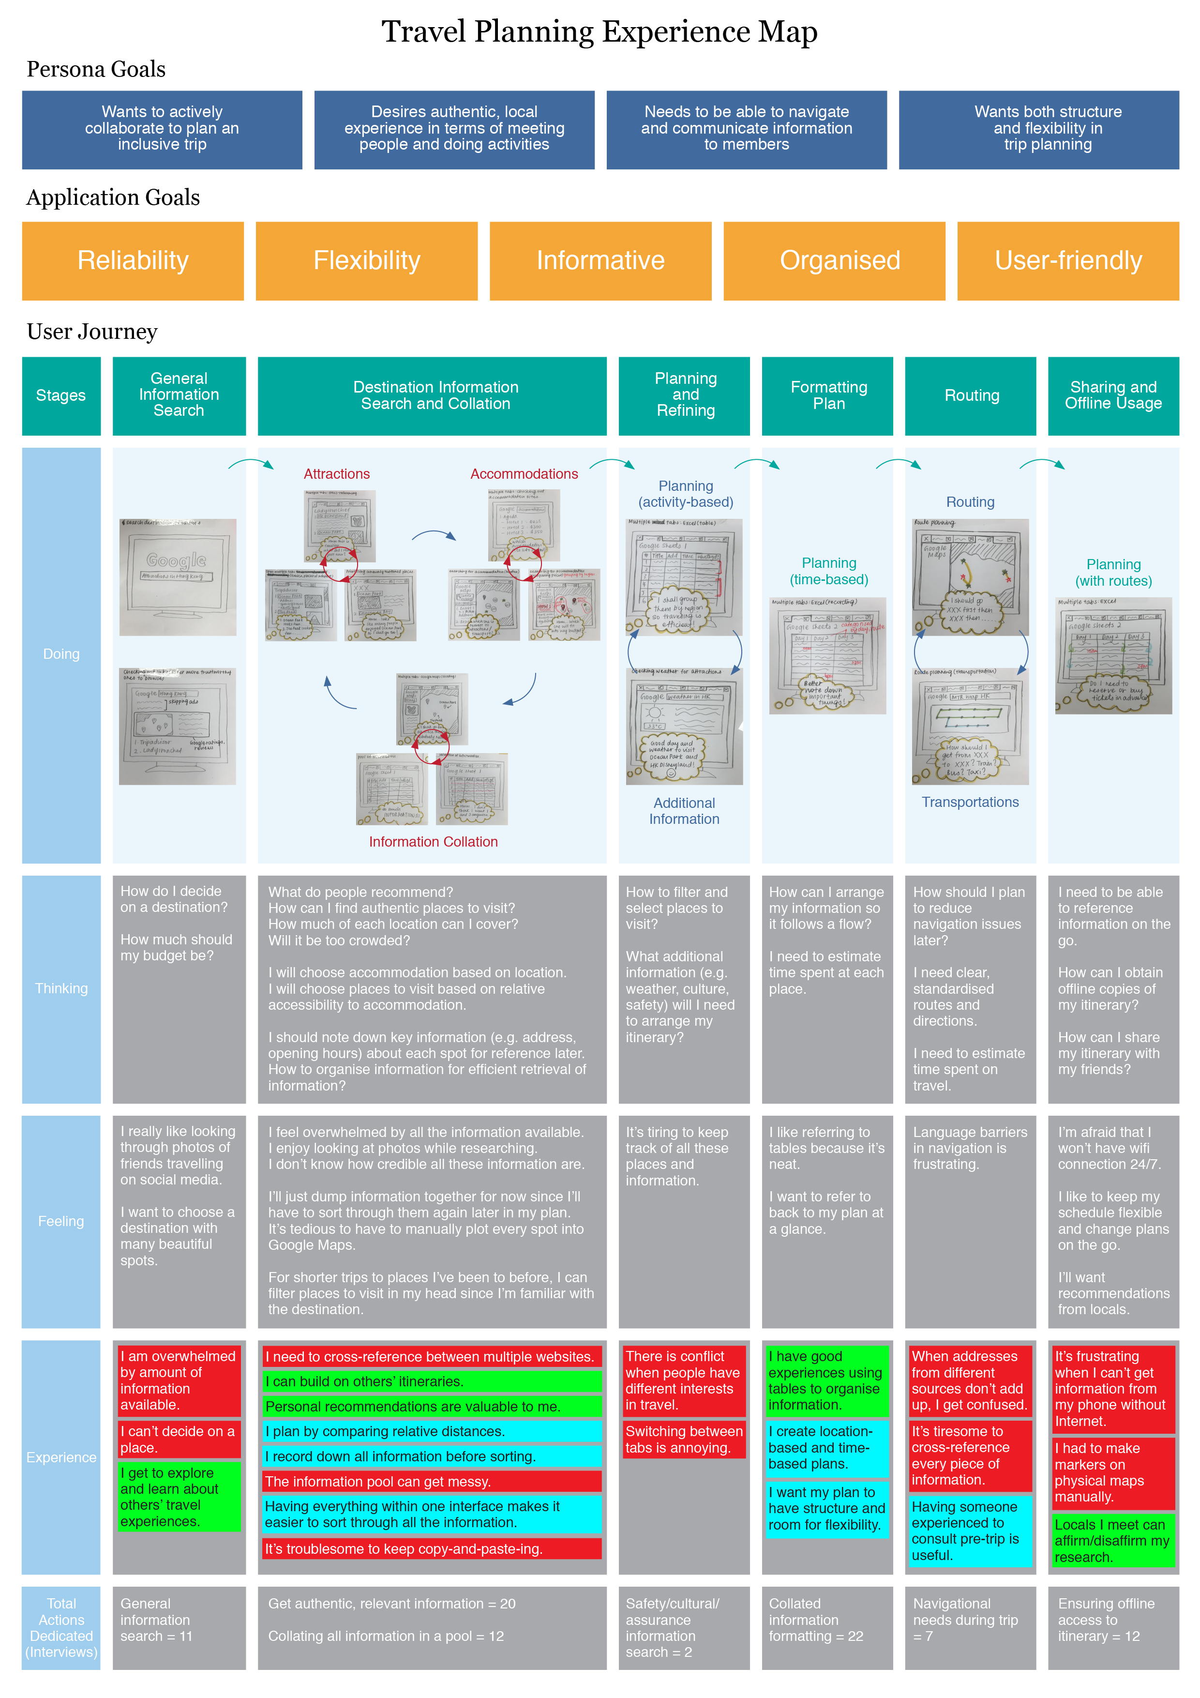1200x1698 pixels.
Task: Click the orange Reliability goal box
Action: tap(133, 261)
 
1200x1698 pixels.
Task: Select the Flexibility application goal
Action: tap(367, 261)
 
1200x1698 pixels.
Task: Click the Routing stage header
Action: tap(972, 395)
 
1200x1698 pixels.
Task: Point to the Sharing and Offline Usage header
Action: tap(1113, 395)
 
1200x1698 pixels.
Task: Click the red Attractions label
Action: tap(336, 474)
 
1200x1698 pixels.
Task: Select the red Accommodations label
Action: tap(524, 474)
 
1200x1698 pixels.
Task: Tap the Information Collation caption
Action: tap(433, 842)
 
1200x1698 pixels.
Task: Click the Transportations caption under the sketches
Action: tap(970, 803)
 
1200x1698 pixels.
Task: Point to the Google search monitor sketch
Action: tap(178, 577)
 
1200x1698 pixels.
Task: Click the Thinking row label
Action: tap(61, 989)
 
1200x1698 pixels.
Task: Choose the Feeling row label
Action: tap(61, 1221)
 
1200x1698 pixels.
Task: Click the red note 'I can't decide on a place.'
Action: tap(179, 1439)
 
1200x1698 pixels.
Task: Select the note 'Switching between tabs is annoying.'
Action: tap(684, 1439)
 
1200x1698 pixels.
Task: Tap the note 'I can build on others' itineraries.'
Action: tap(433, 1381)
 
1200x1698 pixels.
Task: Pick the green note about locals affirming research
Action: tap(1113, 1541)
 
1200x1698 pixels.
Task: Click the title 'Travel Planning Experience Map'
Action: tap(600, 32)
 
